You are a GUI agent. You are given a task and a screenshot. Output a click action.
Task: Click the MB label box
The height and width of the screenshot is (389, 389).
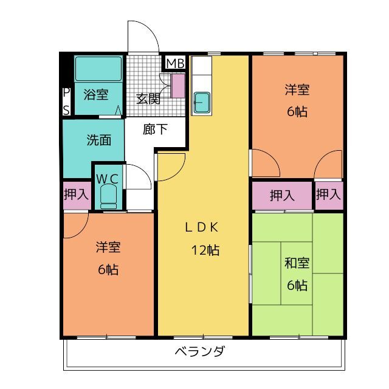(x=175, y=63)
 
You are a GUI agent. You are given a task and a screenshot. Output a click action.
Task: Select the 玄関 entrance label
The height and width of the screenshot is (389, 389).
(x=148, y=98)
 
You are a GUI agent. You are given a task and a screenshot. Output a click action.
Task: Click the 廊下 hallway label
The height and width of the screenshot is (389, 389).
(x=156, y=129)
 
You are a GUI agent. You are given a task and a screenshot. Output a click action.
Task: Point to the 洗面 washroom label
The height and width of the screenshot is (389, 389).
(x=98, y=139)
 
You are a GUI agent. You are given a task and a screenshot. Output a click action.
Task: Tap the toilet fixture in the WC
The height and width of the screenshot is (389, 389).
(x=109, y=197)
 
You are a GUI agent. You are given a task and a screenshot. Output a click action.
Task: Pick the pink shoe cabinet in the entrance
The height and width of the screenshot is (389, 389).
(x=177, y=85)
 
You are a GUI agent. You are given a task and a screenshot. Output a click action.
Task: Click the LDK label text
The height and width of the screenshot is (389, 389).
(x=202, y=227)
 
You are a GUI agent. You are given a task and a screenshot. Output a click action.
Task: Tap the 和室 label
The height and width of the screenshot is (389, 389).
(x=297, y=263)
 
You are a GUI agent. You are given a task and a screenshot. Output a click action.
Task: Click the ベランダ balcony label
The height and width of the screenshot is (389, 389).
(x=200, y=351)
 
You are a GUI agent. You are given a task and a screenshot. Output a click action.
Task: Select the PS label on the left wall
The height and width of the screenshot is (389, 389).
(x=66, y=101)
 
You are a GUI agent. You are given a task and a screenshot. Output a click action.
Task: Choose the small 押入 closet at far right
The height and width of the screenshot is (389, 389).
(x=328, y=195)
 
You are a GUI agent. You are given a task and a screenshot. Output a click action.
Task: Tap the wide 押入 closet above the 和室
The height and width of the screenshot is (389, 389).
(x=282, y=195)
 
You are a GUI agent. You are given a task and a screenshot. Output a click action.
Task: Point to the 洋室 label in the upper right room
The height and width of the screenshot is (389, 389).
(x=297, y=90)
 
